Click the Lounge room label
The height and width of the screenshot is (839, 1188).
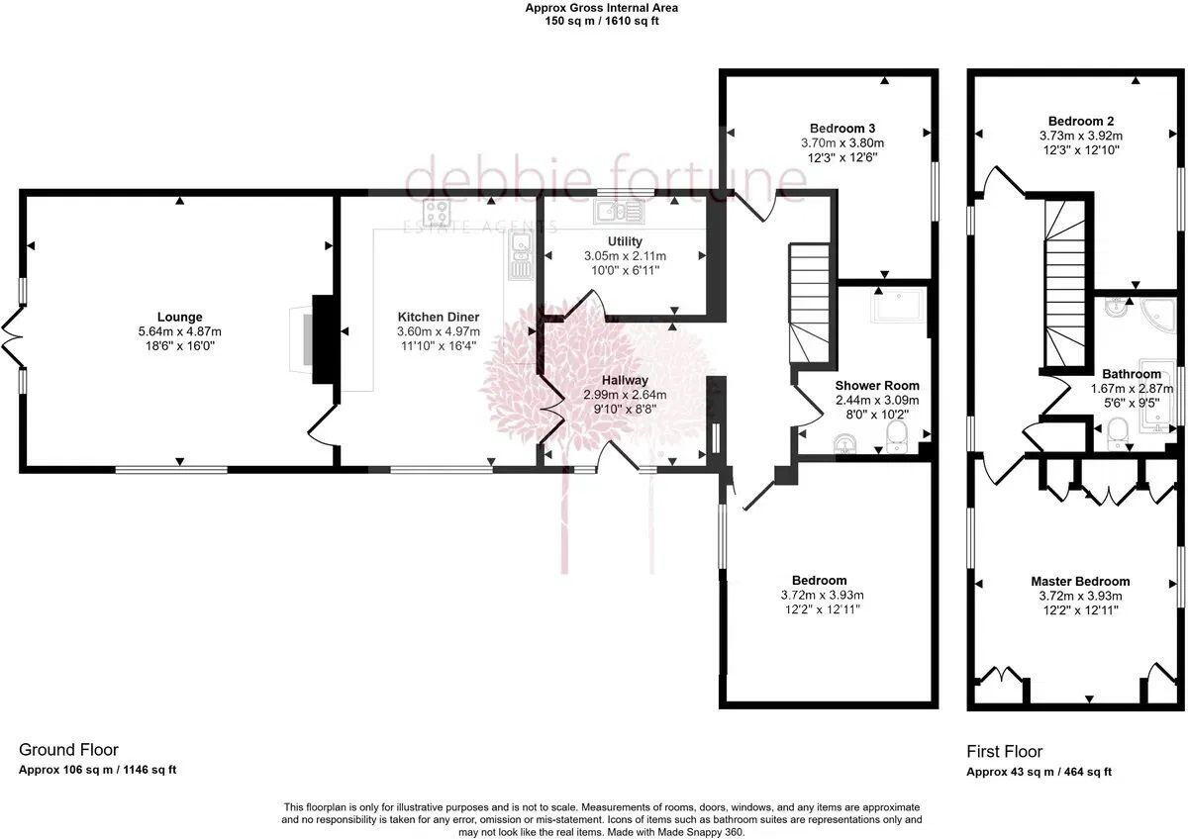point(178,318)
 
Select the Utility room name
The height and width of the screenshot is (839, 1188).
point(625,241)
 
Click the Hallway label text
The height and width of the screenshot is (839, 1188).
point(625,380)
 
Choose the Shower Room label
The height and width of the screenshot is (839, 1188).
point(876,386)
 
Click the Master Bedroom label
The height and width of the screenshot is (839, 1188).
point(1079,582)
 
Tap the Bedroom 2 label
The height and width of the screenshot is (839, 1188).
point(1080,122)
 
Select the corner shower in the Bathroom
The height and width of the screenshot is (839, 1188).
point(1156,315)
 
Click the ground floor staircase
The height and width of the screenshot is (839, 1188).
point(807,302)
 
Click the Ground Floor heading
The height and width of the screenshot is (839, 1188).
point(68,750)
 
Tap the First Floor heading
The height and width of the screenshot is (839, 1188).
point(1004,752)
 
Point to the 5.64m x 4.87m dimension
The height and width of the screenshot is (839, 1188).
point(178,332)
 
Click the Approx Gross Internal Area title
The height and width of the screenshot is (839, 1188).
point(601,8)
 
